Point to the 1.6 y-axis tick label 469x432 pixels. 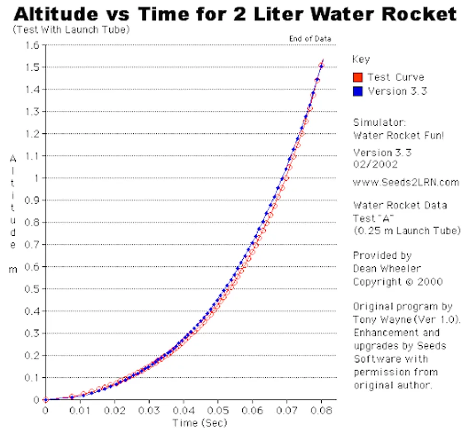[33, 46]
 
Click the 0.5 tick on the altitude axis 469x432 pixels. [33, 289]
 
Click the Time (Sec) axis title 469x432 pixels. [199, 422]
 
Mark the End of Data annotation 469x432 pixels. [310, 38]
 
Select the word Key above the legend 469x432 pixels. [361, 60]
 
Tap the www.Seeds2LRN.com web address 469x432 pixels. [406, 182]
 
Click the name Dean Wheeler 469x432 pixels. [387, 268]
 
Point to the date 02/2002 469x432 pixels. [375, 165]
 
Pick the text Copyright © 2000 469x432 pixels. [398, 281]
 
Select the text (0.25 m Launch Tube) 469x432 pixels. [407, 231]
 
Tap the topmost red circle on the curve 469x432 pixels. [321, 66]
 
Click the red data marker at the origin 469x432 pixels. [46, 399]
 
